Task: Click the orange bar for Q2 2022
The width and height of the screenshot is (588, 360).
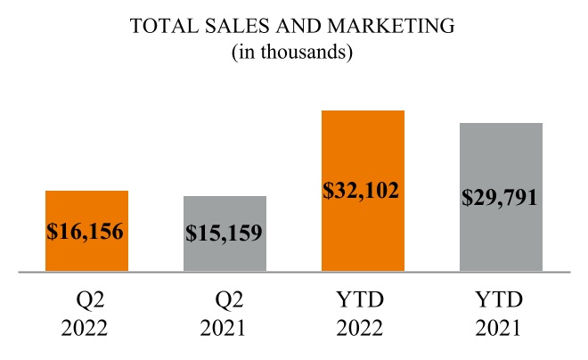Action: pyautogui.click(x=86, y=205)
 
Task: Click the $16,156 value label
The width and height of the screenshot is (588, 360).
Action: pyautogui.click(x=86, y=232)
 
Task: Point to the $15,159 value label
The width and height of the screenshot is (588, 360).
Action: pyautogui.click(x=225, y=234)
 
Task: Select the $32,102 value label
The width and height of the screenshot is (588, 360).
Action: pyautogui.click(x=363, y=191)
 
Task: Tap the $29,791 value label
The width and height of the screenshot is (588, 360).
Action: pyautogui.click(x=501, y=197)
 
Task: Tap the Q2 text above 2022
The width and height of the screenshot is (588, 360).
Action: pyautogui.click(x=86, y=299)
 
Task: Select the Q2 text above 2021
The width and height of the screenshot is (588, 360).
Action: pyautogui.click(x=225, y=299)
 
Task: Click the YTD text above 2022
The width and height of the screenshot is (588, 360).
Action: pyautogui.click(x=363, y=299)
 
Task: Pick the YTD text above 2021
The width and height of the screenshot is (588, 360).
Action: pyautogui.click(x=501, y=299)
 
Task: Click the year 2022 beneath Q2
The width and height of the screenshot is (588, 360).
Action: pyautogui.click(x=86, y=327)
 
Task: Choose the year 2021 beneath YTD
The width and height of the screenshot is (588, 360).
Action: pyautogui.click(x=501, y=327)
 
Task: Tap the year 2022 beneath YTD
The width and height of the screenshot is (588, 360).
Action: pyautogui.click(x=363, y=327)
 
